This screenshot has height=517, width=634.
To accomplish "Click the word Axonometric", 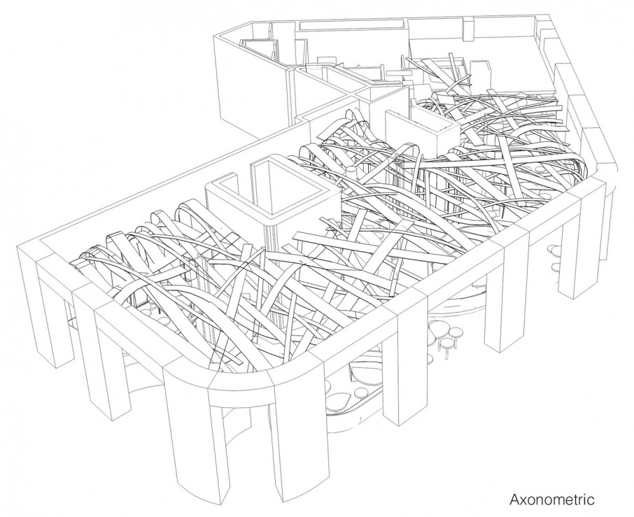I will [551, 500].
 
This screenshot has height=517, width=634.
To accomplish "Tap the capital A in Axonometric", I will [514, 500].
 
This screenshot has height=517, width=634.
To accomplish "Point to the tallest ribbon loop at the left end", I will [189, 213].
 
